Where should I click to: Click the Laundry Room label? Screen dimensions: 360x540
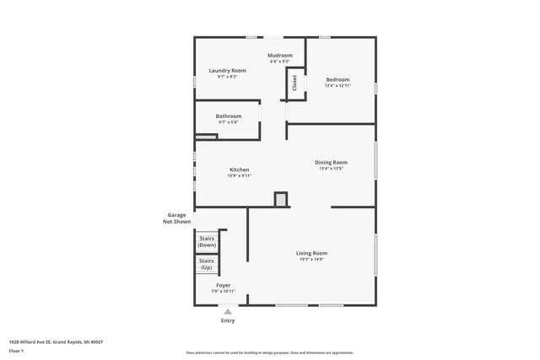tap(227, 70)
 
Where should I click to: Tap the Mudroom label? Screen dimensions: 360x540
tap(280, 56)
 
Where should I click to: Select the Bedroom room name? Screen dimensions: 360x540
tap(337, 79)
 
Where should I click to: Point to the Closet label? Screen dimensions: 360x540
tap(294, 83)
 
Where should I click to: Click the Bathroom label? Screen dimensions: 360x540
tap(228, 116)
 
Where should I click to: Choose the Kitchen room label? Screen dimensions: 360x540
tap(239, 169)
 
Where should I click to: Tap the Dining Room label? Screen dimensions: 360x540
tap(331, 162)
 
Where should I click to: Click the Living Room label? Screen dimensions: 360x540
tap(311, 253)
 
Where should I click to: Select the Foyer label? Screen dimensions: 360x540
tap(224, 286)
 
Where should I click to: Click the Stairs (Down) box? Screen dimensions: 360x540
tap(207, 241)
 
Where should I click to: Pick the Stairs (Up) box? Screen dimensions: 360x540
tap(207, 264)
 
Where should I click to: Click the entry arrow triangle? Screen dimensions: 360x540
tap(227, 311)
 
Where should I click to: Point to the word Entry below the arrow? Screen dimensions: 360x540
tap(228, 320)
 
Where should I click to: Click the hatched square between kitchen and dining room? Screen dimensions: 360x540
tap(281, 200)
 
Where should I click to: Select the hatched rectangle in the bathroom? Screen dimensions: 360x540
tap(206, 137)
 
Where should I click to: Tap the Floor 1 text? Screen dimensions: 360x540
tap(17, 350)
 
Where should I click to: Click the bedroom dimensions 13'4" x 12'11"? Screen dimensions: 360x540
tap(337, 86)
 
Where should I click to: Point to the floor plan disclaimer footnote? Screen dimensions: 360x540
tap(269, 353)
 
